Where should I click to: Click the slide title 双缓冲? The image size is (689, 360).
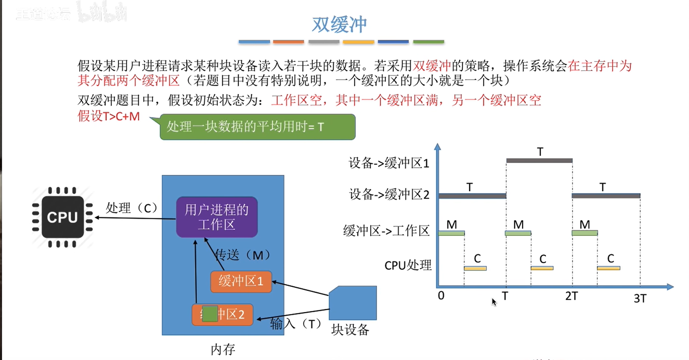point(339,24)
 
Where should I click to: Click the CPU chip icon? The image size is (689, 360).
point(62,217)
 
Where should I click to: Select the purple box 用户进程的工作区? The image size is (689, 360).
point(217,217)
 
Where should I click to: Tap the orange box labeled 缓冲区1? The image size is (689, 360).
point(241,281)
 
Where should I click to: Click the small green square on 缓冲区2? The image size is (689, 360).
point(210,313)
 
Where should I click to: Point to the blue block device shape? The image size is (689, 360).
point(353,303)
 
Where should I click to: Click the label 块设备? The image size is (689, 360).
point(350,330)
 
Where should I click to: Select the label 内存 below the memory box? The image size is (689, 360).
point(223,349)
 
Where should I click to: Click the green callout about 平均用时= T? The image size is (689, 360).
point(257,127)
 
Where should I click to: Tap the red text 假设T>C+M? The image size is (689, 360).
point(109,116)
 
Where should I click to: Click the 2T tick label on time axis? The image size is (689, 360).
point(571,296)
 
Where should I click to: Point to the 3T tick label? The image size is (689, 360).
point(640,298)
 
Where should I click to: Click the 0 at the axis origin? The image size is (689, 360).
point(441,296)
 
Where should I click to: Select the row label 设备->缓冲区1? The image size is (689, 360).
point(389,163)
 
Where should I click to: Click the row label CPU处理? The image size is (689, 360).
point(408,265)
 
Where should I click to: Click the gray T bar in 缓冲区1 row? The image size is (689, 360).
point(539,161)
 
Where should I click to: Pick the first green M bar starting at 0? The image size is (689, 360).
point(451,233)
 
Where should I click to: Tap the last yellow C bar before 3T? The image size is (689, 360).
point(608,268)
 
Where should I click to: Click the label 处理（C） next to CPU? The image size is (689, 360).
point(131,208)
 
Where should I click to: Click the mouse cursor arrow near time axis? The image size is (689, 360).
point(494,302)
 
